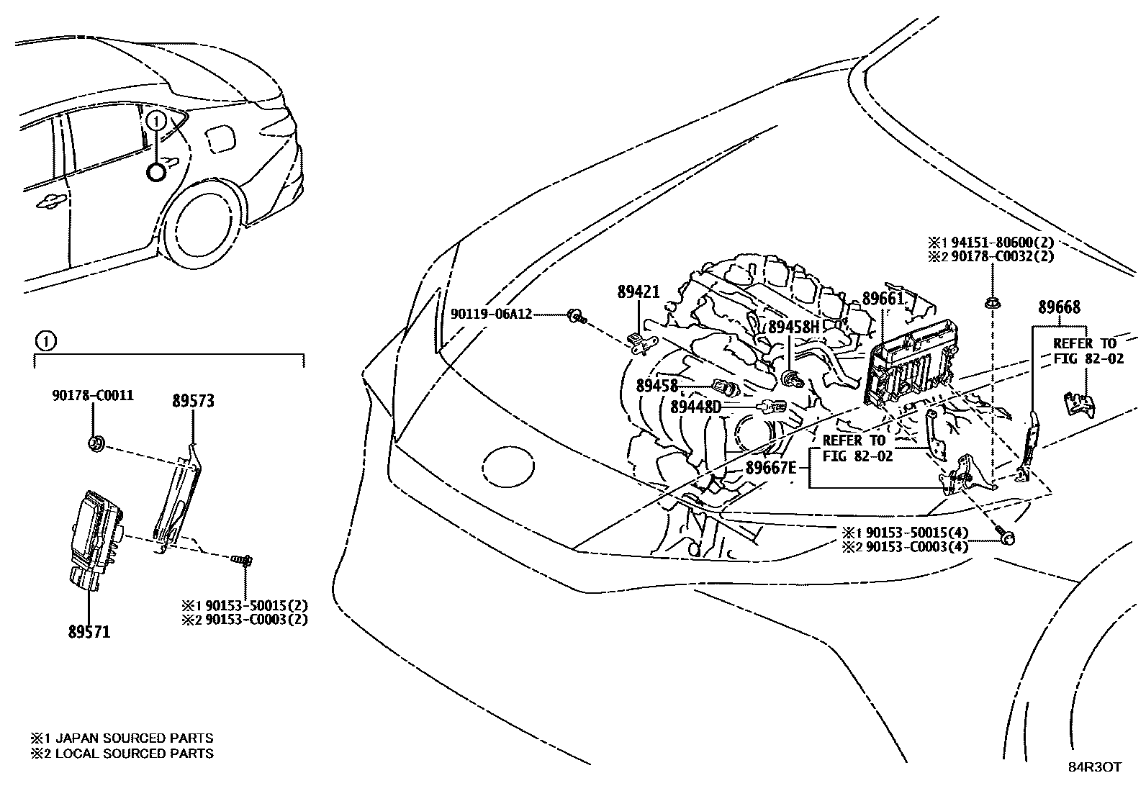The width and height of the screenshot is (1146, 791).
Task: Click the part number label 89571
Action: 89,632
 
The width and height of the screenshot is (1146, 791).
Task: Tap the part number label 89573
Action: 193,402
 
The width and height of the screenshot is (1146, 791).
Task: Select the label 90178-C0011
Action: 93,395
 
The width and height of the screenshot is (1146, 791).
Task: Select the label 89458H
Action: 794,327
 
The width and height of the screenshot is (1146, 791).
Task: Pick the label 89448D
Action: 695,407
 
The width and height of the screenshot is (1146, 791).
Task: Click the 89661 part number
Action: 883,299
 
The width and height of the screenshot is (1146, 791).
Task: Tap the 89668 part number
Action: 1058,307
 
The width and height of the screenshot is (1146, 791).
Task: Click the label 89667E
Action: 771,467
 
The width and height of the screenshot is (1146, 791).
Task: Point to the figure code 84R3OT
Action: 1093,767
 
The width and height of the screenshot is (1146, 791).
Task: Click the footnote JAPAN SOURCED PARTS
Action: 133,738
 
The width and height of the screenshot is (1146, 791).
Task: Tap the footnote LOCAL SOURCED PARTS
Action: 133,754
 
